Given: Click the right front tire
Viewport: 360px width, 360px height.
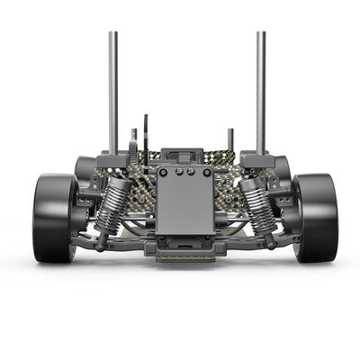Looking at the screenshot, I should (314, 218).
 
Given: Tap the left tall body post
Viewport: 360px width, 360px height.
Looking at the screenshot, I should (113, 90).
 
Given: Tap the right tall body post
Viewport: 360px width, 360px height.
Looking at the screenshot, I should (260, 90).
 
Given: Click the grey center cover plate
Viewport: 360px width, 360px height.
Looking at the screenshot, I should (184, 202).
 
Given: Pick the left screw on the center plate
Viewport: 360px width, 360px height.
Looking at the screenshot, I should (165, 172).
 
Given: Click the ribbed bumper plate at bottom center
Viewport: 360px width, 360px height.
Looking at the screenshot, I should (185, 256).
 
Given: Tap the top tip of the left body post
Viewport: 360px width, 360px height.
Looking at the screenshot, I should (113, 34).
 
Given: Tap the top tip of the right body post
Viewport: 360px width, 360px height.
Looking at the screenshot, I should (260, 34).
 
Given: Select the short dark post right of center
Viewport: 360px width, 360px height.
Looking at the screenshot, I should (230, 139).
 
